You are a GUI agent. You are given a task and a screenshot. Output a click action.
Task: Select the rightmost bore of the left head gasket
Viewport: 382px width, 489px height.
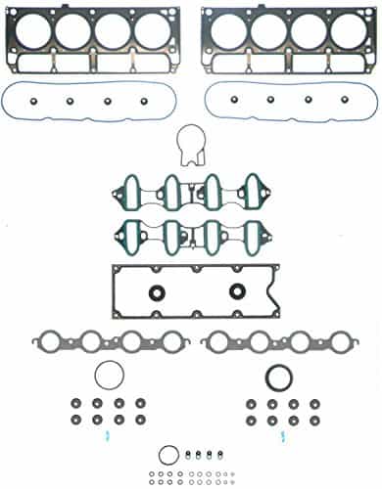[x=151, y=30]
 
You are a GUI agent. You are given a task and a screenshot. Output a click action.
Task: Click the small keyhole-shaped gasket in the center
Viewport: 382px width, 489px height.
[x=190, y=149]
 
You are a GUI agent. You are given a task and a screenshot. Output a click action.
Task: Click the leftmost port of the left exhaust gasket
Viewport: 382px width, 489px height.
[x=50, y=342]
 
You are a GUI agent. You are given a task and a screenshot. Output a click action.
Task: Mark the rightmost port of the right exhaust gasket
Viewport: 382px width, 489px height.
[x=332, y=342]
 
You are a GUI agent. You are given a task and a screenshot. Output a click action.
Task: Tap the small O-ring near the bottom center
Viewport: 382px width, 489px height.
[x=169, y=454]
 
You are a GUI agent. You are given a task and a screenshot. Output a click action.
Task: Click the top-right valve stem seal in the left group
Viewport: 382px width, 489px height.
[x=140, y=403]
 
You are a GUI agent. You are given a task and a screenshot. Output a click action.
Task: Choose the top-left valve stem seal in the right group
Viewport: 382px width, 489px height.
[x=250, y=403]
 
